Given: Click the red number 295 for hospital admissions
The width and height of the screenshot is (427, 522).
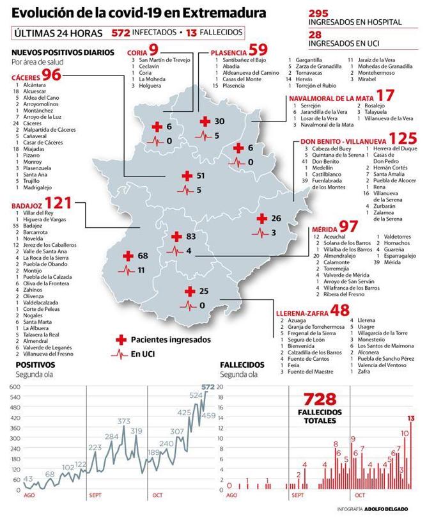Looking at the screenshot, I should [319, 13].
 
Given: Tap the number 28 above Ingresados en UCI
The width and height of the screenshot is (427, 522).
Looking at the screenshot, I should [315, 34].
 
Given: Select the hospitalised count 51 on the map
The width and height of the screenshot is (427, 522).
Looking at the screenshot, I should [201, 175].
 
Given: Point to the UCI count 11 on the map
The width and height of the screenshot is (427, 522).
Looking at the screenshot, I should [141, 270].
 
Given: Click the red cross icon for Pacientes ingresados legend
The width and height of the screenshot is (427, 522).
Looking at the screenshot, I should [121, 339].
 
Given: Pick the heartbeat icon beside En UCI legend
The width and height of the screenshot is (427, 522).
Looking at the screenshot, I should [120, 354].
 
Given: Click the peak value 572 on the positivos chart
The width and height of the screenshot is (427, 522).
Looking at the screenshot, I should [208, 387].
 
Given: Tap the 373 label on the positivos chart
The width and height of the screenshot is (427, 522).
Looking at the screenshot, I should [124, 422].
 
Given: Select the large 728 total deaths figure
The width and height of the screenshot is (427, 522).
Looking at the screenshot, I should [320, 400].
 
